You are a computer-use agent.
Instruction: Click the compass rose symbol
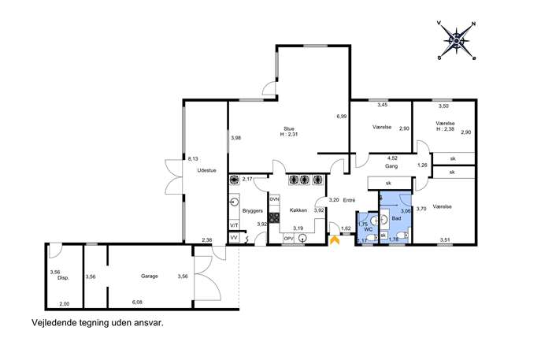(x=456, y=41)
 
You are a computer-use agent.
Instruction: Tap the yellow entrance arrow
(x=335, y=240)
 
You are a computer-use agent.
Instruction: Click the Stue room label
(x=289, y=128)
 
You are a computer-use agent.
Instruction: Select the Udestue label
(x=206, y=170)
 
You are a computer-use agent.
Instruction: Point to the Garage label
(x=150, y=276)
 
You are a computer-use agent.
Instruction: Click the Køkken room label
(x=298, y=210)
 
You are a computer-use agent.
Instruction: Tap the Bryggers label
(x=253, y=210)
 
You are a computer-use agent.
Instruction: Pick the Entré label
(x=349, y=200)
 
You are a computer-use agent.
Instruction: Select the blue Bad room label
(x=396, y=218)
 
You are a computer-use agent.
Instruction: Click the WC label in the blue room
(x=368, y=229)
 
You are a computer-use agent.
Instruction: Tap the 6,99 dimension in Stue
(x=342, y=117)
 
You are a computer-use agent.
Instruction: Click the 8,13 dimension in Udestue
(x=193, y=159)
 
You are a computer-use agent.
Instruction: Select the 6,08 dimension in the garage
(x=137, y=302)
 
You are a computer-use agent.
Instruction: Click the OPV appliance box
(x=288, y=238)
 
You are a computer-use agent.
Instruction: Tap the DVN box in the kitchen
(x=274, y=199)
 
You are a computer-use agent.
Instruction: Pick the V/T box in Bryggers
(x=234, y=225)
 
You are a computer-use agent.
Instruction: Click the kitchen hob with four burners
(x=275, y=217)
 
